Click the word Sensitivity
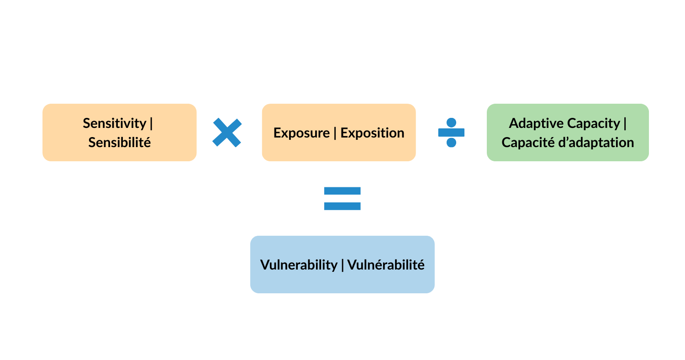[x=115, y=123]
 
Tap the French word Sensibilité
[x=120, y=143]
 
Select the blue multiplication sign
[x=227, y=132]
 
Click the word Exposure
[x=301, y=133]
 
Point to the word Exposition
[x=372, y=133]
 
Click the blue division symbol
[x=451, y=132]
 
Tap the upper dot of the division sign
[x=451, y=122]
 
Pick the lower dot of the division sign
[x=451, y=143]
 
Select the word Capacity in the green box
[x=594, y=123]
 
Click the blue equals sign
[x=342, y=198]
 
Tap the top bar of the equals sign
[x=342, y=191]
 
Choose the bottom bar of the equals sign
[x=342, y=206]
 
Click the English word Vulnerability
[x=299, y=265]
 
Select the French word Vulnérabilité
[x=386, y=265]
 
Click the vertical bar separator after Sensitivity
[x=151, y=123]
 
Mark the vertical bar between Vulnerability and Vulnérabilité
[x=342, y=265]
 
